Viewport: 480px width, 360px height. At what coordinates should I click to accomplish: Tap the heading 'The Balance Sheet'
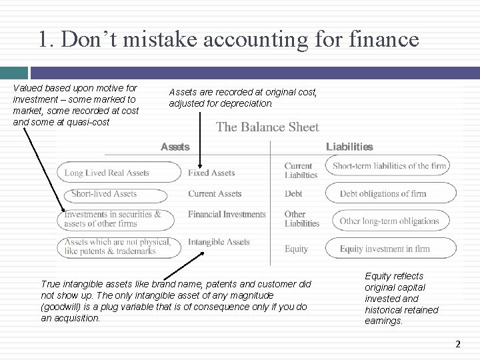pos(267,127)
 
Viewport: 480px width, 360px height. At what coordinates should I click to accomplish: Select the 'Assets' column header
pos(175,147)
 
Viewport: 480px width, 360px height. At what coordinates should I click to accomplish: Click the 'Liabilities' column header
pos(349,147)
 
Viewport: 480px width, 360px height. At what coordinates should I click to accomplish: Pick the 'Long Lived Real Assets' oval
pos(117,173)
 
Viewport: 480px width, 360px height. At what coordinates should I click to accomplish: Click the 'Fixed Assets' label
pos(211,173)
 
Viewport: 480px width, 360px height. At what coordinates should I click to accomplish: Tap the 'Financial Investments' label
pos(227,215)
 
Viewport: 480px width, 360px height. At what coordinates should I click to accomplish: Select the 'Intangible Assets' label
pos(219,242)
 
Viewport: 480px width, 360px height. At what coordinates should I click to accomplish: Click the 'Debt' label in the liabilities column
pos(293,194)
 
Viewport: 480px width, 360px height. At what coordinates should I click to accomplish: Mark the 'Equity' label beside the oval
pos(296,249)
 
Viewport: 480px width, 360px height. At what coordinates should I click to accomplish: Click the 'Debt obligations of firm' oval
pos(390,194)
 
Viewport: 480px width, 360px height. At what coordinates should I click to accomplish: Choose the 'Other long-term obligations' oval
pos(390,221)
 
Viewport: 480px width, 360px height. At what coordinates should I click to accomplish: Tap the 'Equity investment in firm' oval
pos(390,249)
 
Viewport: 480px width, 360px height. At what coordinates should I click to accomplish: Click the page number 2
pos(457,344)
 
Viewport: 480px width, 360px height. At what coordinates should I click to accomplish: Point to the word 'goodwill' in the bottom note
pos(61,307)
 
